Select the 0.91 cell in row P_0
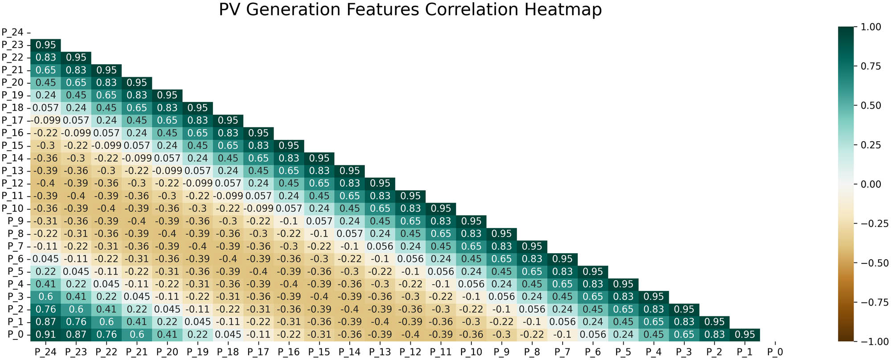[45, 335]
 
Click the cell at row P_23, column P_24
[45, 45]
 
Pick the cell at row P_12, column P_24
[45, 184]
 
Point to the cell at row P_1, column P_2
[714, 322]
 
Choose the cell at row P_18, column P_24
[45, 108]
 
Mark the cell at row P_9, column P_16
[289, 221]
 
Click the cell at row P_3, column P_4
[654, 297]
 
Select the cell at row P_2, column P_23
[76, 309]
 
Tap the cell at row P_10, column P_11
[441, 209]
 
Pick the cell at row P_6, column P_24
[45, 259]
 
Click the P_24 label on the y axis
[12, 32]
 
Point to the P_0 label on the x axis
[775, 352]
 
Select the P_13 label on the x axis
[380, 352]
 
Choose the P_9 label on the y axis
[15, 221]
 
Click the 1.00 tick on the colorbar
[871, 27]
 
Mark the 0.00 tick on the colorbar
[871, 184]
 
